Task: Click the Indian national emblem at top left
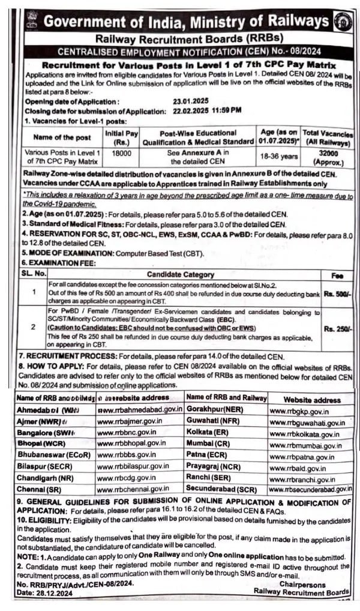[31, 22]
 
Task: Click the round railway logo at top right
[341, 21]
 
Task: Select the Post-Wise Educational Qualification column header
[197, 137]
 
